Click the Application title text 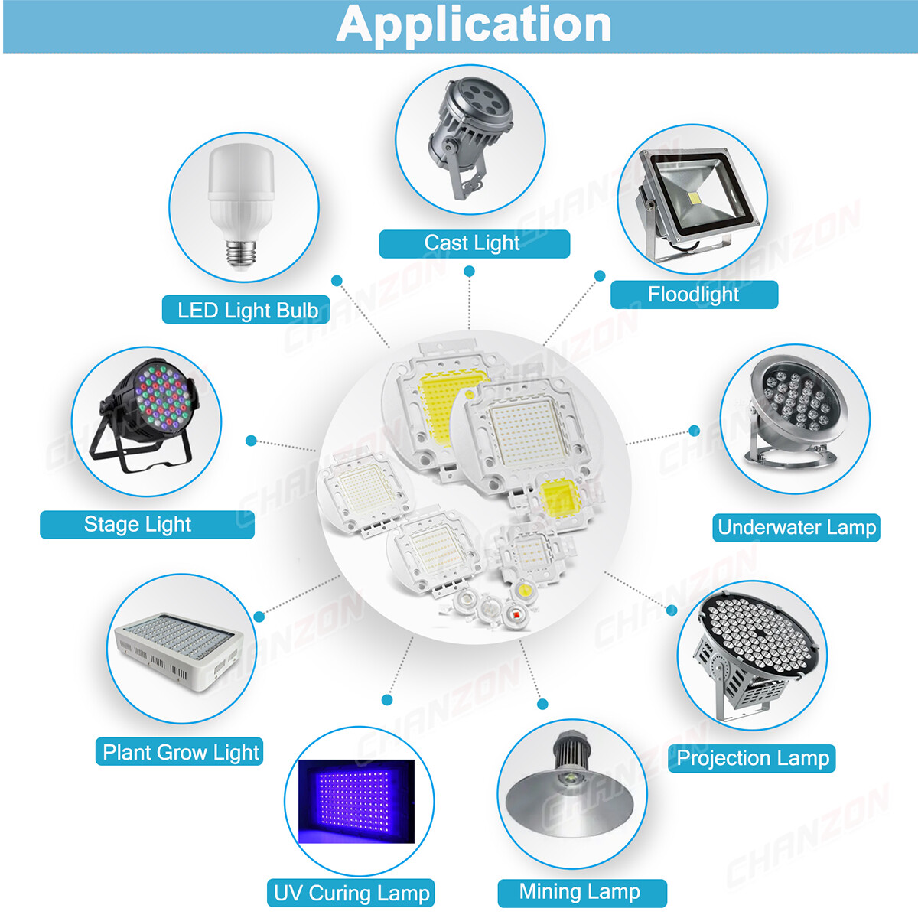coord(474,25)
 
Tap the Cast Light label coord(472,243)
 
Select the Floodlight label coord(693,294)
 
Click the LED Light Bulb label coord(248,310)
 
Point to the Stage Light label coord(138,525)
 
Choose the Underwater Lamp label coord(796,527)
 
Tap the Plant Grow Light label coord(181,753)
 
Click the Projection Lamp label coord(753,758)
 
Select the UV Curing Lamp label coord(352,893)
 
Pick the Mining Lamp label coord(580,891)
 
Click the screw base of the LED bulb coord(242,253)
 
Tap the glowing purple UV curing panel coord(356,802)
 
